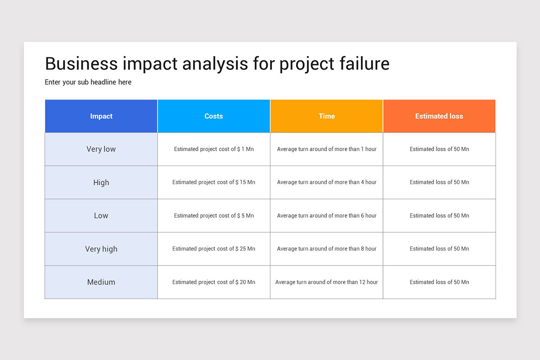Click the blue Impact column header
pos(101,116)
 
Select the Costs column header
pos(214,116)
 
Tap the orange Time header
pos(326,116)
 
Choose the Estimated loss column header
pos(439,116)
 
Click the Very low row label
pos(101,149)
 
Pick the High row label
pos(101,183)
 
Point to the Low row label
pos(101,216)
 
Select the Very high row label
pos(101,249)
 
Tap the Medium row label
pos(101,282)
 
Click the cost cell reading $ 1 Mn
pos(214,149)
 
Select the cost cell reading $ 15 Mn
pos(214,182)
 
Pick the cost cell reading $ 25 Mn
pos(214,249)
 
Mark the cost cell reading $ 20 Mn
pos(214,282)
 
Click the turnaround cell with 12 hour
pos(326,282)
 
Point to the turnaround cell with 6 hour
pos(326,216)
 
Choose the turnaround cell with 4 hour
pos(326,182)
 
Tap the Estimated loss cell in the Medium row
pos(439,282)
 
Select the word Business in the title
pos(81,63)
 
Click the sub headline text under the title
pos(88,82)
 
